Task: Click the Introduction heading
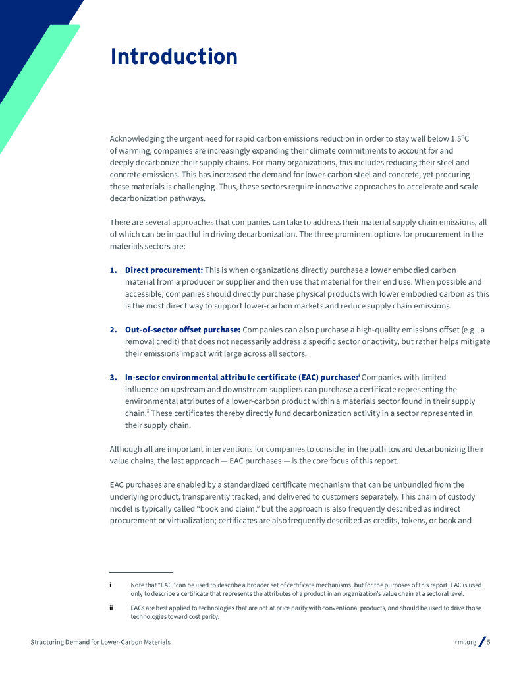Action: click(174, 57)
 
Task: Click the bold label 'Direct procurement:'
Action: click(163, 270)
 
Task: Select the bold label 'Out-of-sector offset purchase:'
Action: click(182, 330)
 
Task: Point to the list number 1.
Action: click(113, 270)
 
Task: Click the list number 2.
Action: click(113, 330)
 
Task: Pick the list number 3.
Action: click(113, 378)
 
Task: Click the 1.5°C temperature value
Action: click(460, 139)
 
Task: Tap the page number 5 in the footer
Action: click(489, 642)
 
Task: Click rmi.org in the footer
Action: click(465, 642)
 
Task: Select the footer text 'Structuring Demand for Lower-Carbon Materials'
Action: click(100, 642)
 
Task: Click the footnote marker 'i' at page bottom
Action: click(111, 585)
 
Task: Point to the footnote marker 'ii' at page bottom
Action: click(111, 608)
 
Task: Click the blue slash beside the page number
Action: click(481, 641)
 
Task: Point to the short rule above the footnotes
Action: click(141, 572)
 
